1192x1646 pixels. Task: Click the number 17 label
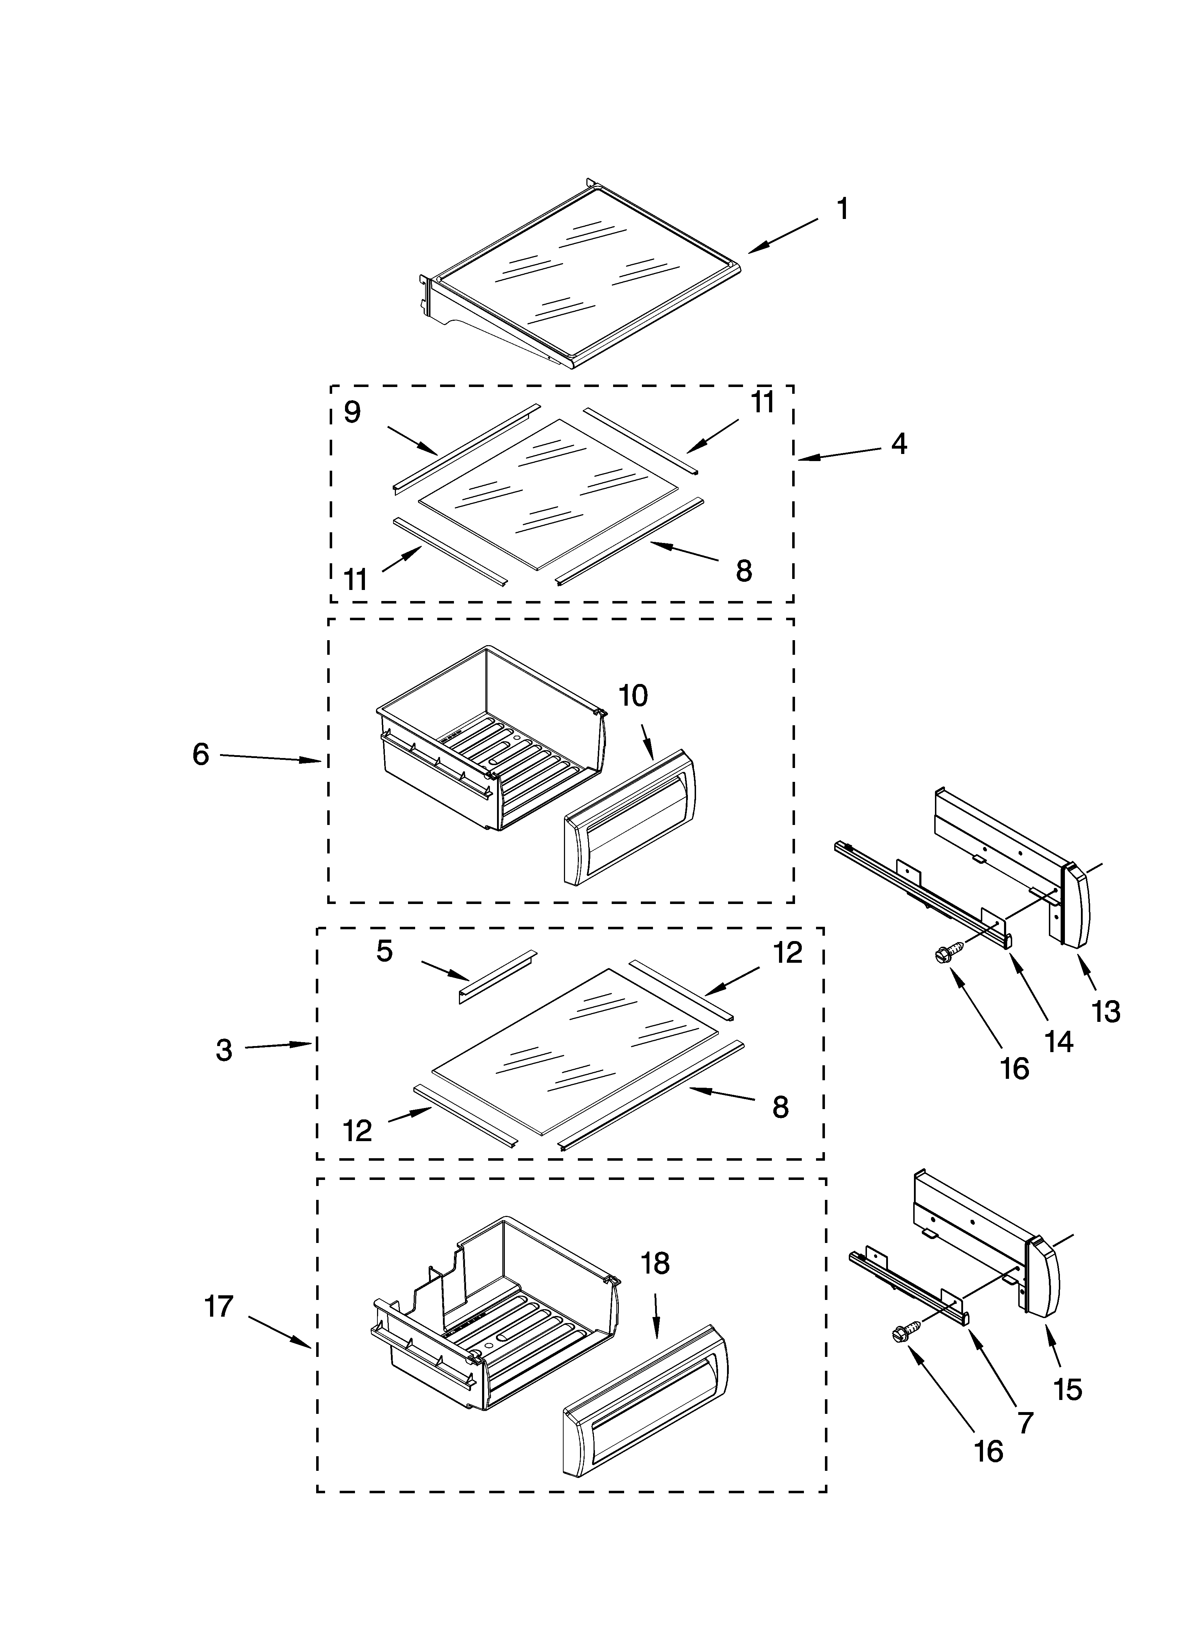tap(219, 1307)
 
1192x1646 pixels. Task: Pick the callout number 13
tap(1105, 1012)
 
